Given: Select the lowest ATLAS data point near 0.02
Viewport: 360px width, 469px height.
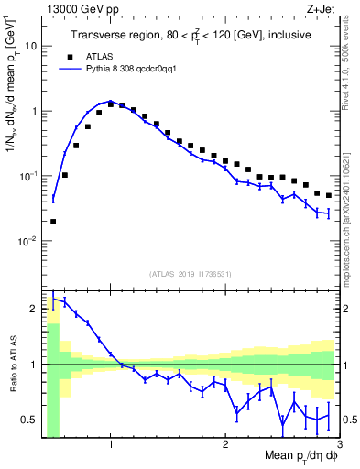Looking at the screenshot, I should click(53, 221).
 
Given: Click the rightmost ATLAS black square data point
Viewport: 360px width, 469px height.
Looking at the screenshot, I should click(328, 195).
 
